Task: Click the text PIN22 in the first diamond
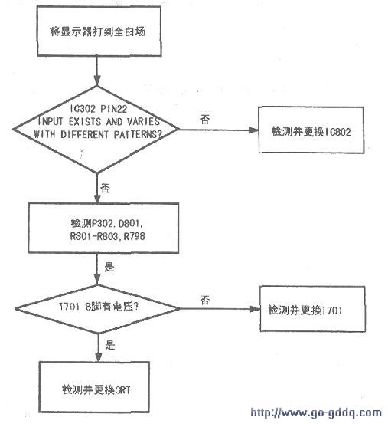pyautogui.click(x=113, y=109)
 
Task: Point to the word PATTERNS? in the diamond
pyautogui.click(x=138, y=134)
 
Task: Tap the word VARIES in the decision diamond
pyautogui.click(x=144, y=121)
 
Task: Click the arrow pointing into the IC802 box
pyautogui.click(x=218, y=130)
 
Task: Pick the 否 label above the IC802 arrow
pyautogui.click(x=204, y=120)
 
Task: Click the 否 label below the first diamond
pyautogui.click(x=105, y=188)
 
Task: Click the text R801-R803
pyautogui.click(x=94, y=236)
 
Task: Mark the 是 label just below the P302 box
pyautogui.click(x=109, y=267)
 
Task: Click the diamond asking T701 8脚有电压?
pyautogui.click(x=97, y=309)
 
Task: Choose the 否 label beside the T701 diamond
pyautogui.click(x=205, y=300)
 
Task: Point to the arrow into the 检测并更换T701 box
pyautogui.click(x=220, y=309)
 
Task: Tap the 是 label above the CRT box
pyautogui.click(x=109, y=345)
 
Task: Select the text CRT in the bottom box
pyautogui.click(x=122, y=390)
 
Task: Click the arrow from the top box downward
pyautogui.click(x=97, y=71)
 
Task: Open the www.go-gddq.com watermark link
pyautogui.click(x=316, y=412)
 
